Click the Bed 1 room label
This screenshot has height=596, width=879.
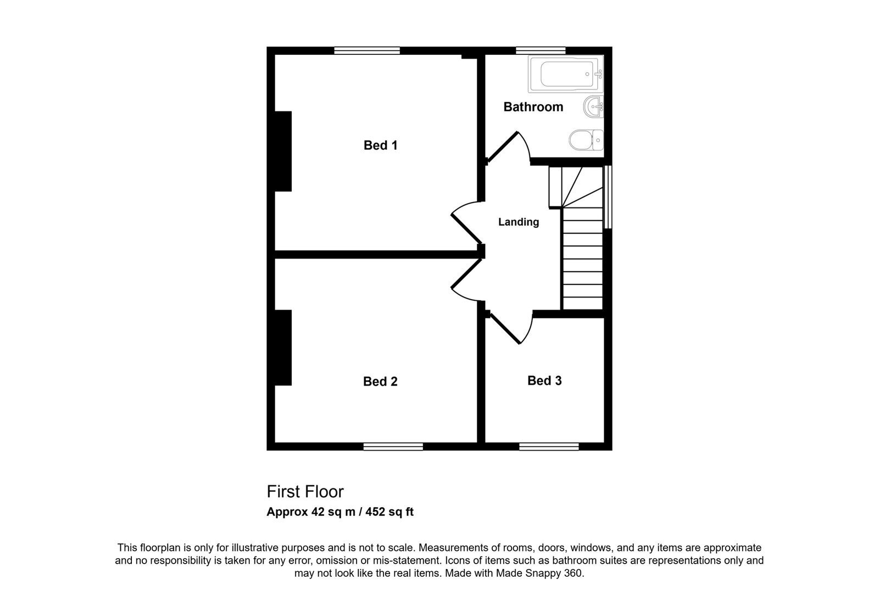click(x=380, y=145)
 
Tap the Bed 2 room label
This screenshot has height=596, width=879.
click(x=380, y=381)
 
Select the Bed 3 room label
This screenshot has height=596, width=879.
click(x=544, y=380)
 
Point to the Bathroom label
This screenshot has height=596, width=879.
click(x=533, y=106)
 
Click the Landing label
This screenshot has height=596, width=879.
click(x=519, y=222)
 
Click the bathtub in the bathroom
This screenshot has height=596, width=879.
click(x=565, y=74)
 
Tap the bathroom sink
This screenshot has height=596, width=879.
click(x=593, y=106)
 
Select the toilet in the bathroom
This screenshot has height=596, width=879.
click(x=586, y=139)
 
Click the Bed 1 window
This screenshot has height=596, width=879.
click(x=367, y=50)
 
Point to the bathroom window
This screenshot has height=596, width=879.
click(x=541, y=50)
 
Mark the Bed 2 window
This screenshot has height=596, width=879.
click(x=393, y=447)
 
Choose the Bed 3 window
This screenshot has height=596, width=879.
click(x=549, y=447)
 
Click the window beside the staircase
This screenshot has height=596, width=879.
click(x=608, y=197)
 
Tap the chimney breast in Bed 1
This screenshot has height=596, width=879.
click(x=283, y=151)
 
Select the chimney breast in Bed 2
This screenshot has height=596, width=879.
click(x=283, y=348)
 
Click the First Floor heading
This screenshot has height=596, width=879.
click(x=305, y=492)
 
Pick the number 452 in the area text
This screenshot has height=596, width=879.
click(x=375, y=511)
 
